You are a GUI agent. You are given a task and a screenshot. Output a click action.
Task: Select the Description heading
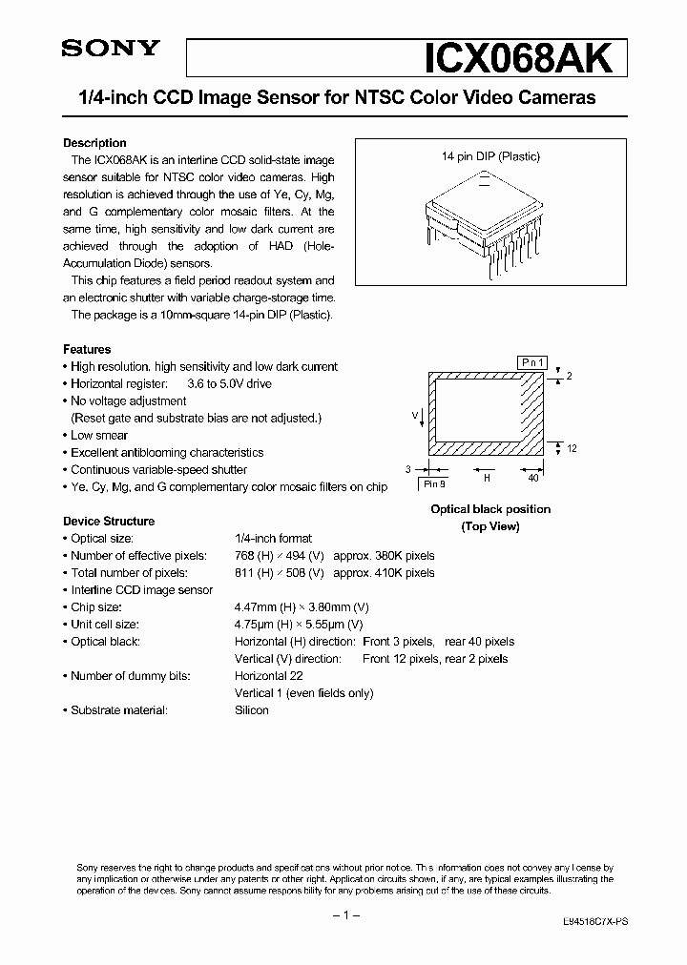pyautogui.click(x=94, y=143)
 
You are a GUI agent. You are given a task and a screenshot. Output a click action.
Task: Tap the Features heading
pyautogui.click(x=87, y=349)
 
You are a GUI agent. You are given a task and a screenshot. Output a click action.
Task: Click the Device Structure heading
pyautogui.click(x=108, y=522)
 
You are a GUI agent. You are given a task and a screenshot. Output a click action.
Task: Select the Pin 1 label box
pyautogui.click(x=533, y=362)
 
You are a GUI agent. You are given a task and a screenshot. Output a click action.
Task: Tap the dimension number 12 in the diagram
pyautogui.click(x=572, y=448)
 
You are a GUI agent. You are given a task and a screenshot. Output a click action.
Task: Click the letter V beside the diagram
pyautogui.click(x=415, y=415)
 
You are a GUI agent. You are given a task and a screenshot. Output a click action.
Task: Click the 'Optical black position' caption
pyautogui.click(x=490, y=509)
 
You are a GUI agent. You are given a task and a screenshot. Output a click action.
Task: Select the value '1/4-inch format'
pyautogui.click(x=273, y=539)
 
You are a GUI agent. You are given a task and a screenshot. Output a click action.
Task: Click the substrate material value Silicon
pyautogui.click(x=252, y=710)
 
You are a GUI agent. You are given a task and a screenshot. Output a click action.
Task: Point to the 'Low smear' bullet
pyautogui.click(x=99, y=435)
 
